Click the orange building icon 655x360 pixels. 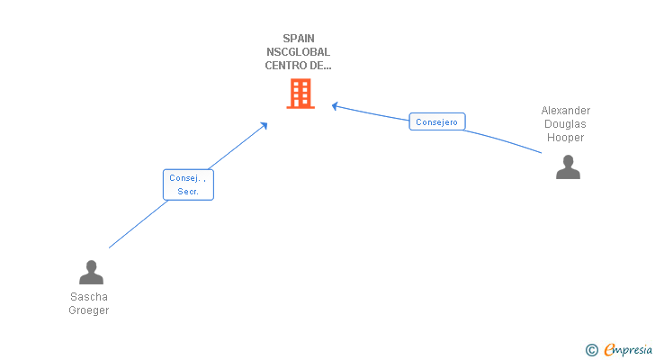[300, 93]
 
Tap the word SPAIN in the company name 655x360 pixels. [298, 39]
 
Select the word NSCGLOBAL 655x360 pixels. [298, 52]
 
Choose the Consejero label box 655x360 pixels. [437, 121]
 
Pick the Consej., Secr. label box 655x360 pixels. [188, 184]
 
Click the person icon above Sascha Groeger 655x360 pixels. [91, 272]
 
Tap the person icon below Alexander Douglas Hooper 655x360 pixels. [568, 166]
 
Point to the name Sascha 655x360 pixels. [88, 296]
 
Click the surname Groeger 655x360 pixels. [88, 310]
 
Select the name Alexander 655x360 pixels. [566, 111]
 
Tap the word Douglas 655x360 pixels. [566, 124]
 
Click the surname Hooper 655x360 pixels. [566, 138]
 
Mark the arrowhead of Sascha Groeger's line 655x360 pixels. [265, 125]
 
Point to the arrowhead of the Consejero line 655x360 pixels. [335, 106]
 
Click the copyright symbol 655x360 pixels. [592, 350]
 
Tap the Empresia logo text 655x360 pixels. [631, 350]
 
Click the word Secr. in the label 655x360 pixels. [188, 192]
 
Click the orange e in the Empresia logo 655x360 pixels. [609, 350]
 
